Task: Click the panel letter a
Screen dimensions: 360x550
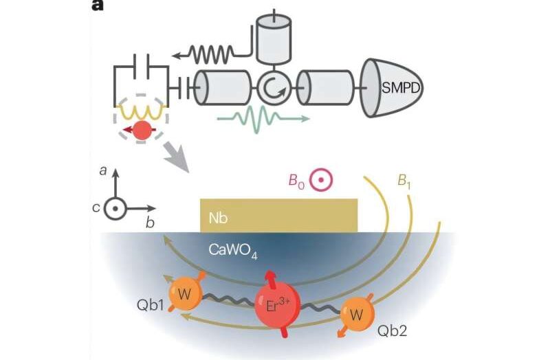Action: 99,6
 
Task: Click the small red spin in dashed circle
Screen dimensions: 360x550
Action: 142,130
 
